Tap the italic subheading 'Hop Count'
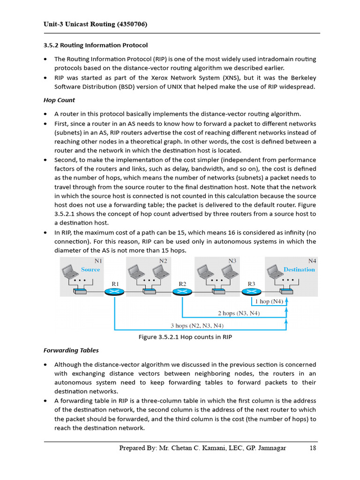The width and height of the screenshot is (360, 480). click(x=59, y=100)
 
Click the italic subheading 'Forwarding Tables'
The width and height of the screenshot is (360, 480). click(x=71, y=350)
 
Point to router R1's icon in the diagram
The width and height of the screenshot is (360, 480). click(x=114, y=292)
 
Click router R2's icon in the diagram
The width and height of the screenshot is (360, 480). click(x=182, y=292)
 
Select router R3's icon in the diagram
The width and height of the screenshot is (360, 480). click(x=250, y=292)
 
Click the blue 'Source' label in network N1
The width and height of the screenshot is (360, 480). click(x=90, y=270)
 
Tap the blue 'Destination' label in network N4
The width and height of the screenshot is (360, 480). click(x=299, y=270)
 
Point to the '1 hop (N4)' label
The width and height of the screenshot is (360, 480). click(x=269, y=301)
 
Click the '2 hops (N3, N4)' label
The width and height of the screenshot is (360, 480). click(x=239, y=313)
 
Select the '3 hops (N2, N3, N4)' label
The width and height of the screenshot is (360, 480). click(x=196, y=325)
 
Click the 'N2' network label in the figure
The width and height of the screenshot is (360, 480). click(x=163, y=261)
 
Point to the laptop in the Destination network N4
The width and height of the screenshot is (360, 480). click(x=274, y=271)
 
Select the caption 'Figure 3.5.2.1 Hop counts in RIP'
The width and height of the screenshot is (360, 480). click(x=185, y=337)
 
